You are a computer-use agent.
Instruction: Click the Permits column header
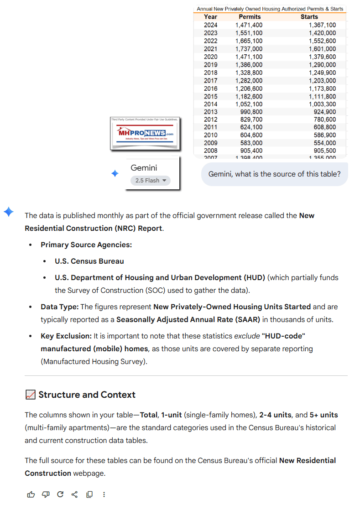pyautogui.click(x=250, y=17)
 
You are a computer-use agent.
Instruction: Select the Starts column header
pyautogui.click(x=309, y=17)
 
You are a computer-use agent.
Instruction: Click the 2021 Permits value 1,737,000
pyautogui.click(x=249, y=49)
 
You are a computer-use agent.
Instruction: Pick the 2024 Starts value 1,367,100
pyautogui.click(x=322, y=25)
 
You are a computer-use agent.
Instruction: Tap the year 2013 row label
pyautogui.click(x=211, y=112)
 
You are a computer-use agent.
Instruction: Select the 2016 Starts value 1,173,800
pyautogui.click(x=322, y=88)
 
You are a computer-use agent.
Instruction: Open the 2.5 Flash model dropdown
pyautogui.click(x=151, y=181)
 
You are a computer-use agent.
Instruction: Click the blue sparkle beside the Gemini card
pyautogui.click(x=115, y=173)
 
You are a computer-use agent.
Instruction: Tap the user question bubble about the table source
pyautogui.click(x=274, y=174)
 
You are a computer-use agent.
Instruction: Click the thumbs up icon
pyautogui.click(x=31, y=494)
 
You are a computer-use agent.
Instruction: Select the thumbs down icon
pyautogui.click(x=46, y=494)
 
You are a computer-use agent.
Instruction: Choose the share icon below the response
pyautogui.click(x=75, y=494)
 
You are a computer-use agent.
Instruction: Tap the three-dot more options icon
pyautogui.click(x=104, y=494)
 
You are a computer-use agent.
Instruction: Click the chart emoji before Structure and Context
pyautogui.click(x=31, y=395)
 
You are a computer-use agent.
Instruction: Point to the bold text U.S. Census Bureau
pyautogui.click(x=89, y=261)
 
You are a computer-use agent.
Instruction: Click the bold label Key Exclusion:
pyautogui.click(x=66, y=336)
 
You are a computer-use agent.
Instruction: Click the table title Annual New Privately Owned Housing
pyautogui.click(x=270, y=9)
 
